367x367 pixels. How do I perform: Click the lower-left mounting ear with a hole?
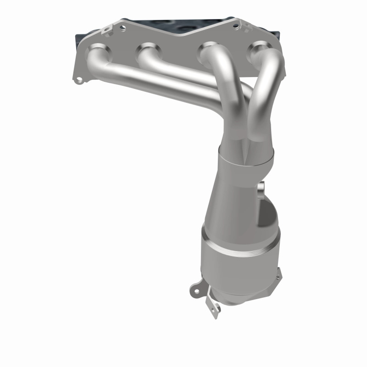[196, 289]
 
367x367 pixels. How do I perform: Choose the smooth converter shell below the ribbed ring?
[239, 271]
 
